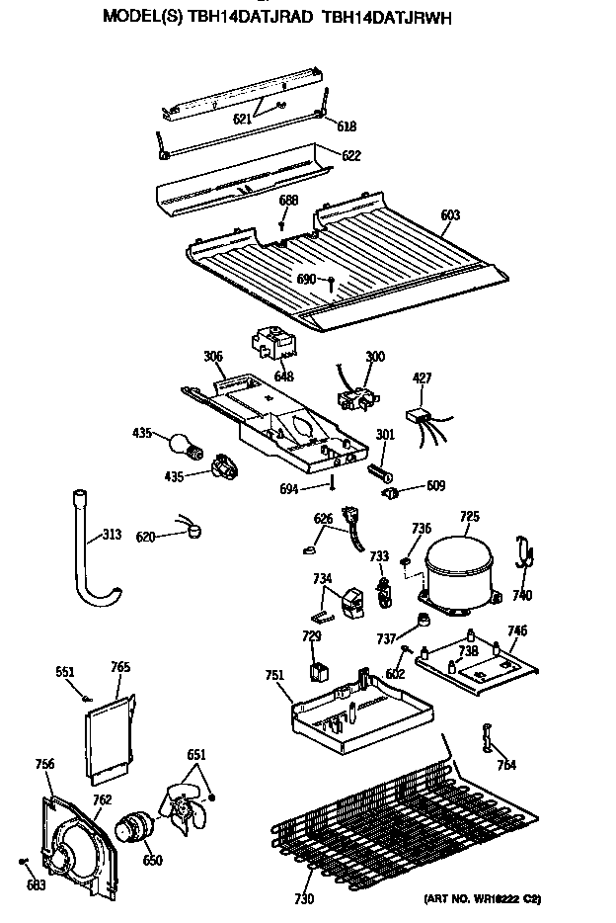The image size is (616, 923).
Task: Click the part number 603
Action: (x=450, y=215)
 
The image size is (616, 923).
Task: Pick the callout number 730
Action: (x=304, y=898)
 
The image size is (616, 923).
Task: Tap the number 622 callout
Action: (x=350, y=155)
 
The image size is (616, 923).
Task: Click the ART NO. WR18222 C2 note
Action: (x=483, y=898)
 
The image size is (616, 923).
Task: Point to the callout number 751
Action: (x=274, y=676)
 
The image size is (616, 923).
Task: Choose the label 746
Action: (x=516, y=630)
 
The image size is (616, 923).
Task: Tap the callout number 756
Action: (x=44, y=764)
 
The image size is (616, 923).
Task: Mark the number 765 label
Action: (x=119, y=668)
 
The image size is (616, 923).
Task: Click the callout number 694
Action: (x=315, y=487)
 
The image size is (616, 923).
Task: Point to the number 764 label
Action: (x=506, y=765)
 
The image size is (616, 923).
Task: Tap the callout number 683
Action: (x=37, y=884)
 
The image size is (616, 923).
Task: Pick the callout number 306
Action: (x=212, y=356)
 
